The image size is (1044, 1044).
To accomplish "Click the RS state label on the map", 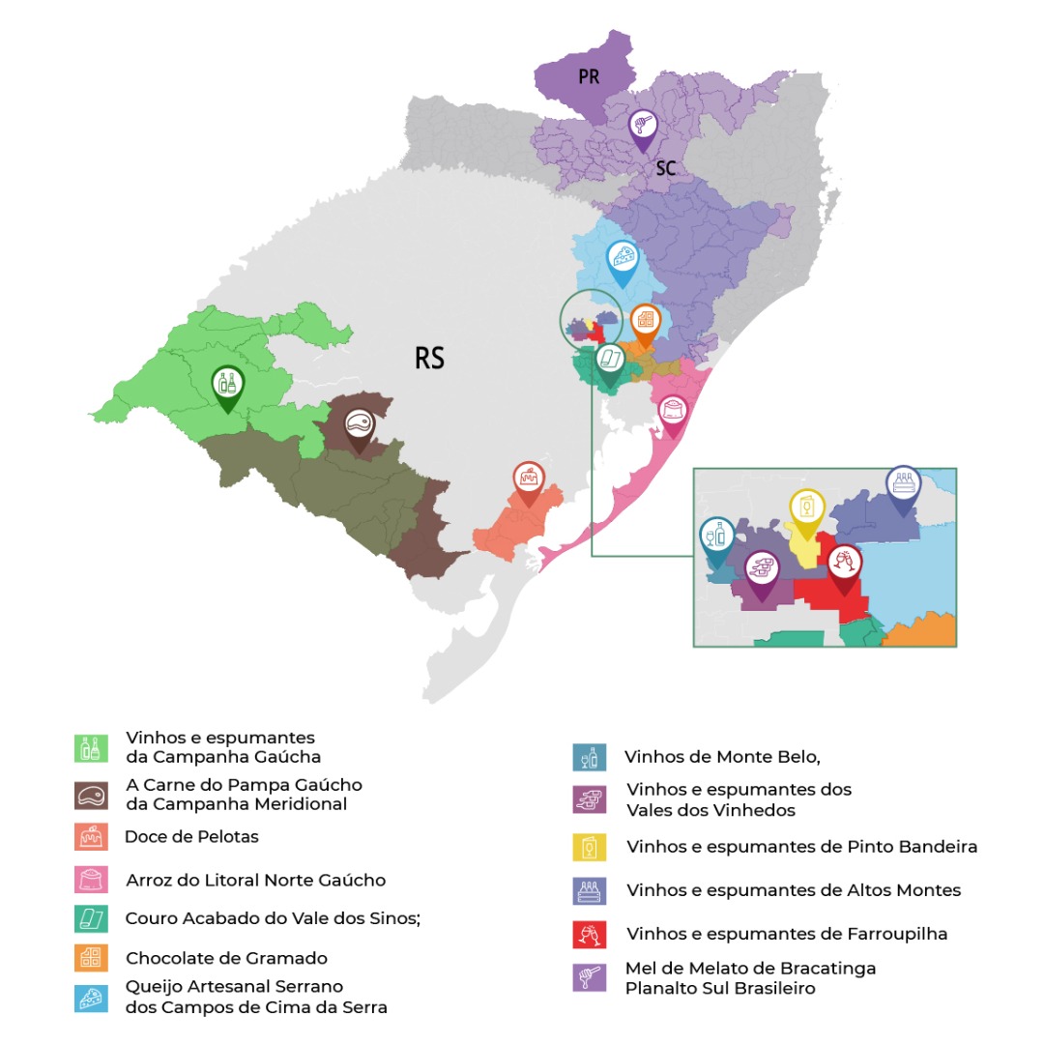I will coord(429,359).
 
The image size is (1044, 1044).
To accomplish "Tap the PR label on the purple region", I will coord(589,77).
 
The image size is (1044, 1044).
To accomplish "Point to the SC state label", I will coord(665,169).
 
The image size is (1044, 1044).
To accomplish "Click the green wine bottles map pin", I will coord(227,384).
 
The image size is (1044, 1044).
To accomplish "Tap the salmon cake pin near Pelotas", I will coord(528,478).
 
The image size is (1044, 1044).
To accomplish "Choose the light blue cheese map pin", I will coord(623,259).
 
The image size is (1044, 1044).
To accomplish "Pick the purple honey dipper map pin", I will coord(643,127).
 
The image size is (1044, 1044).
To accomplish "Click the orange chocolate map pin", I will coord(645,320).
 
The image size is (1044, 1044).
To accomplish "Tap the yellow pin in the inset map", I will coord(806,508).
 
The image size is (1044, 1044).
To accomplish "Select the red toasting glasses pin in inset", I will coord(844,565).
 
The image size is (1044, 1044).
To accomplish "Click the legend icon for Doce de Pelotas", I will coord(90,837).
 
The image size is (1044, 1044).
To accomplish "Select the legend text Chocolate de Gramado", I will coord(226,959).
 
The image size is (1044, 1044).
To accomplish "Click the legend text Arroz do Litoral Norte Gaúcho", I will coord(255,881).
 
